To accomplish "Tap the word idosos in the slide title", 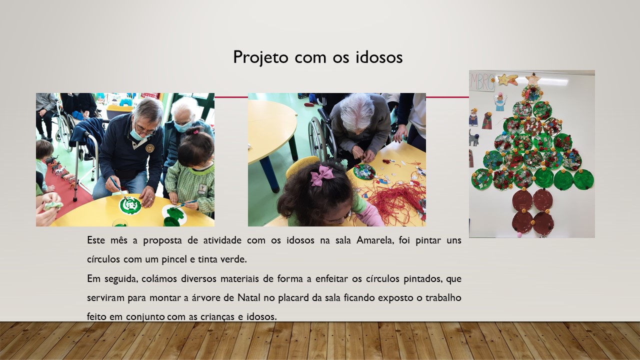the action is [x=379, y=57].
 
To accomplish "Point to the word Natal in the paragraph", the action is [x=249, y=297].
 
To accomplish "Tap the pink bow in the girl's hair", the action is [x=321, y=175].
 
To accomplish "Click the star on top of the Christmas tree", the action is [x=532, y=79].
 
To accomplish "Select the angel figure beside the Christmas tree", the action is [x=500, y=102].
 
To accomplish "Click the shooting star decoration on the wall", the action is [x=507, y=79].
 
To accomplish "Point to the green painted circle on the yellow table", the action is [x=130, y=205].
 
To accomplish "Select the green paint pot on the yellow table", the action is [x=171, y=221].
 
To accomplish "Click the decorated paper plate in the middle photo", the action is [x=364, y=171].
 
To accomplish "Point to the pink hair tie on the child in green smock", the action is [x=195, y=131].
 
